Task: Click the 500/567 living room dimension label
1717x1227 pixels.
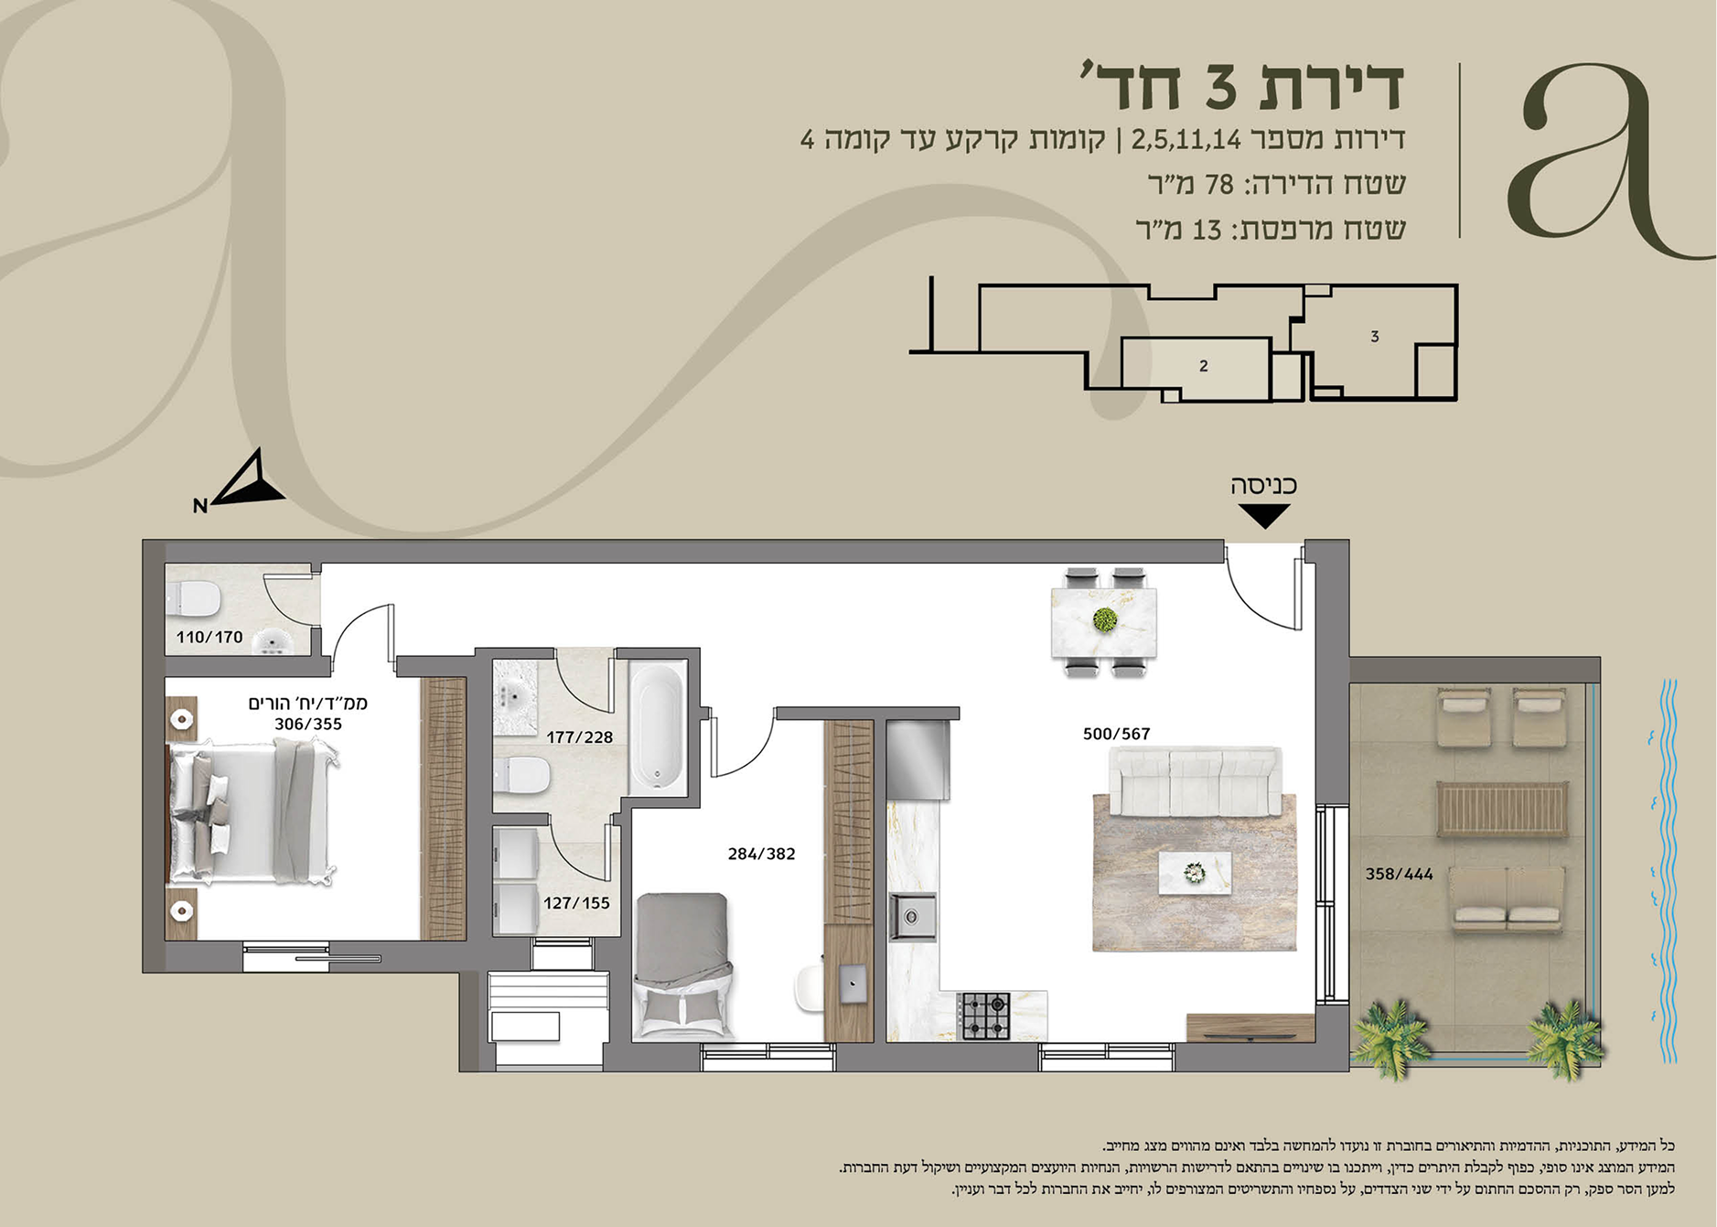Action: point(1116,734)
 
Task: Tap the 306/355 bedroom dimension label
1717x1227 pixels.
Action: point(308,724)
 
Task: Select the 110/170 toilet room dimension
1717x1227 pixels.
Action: point(209,637)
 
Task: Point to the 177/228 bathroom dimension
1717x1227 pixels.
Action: point(580,737)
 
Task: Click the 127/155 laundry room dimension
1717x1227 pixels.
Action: point(576,903)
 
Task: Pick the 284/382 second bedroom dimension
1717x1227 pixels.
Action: point(761,854)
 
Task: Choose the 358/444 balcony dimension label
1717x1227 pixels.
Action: point(1399,874)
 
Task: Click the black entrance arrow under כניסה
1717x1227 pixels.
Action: point(1264,516)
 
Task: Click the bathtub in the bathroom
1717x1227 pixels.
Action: point(657,728)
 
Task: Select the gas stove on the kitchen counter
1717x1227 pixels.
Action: point(984,1016)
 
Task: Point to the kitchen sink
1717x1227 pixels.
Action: point(912,916)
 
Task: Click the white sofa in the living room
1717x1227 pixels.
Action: point(1196,781)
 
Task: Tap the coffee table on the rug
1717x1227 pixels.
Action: point(1195,873)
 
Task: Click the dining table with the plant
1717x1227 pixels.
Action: point(1104,622)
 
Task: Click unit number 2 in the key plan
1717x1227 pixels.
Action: point(1203,366)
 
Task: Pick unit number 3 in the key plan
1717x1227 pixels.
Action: point(1374,337)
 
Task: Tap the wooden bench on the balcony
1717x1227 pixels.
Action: point(1502,809)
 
